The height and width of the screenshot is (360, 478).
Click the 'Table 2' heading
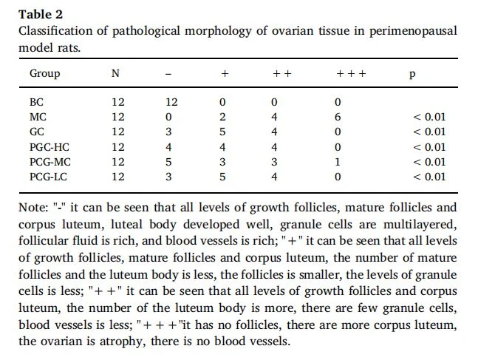(41, 14)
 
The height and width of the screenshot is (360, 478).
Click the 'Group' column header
(44, 74)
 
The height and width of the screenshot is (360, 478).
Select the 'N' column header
(115, 73)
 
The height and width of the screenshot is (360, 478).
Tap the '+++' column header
(351, 73)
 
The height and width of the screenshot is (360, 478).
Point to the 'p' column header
(412, 75)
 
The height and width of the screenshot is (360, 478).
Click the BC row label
(37, 102)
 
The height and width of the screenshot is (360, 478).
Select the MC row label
(38, 117)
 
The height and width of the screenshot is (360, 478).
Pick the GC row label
(37, 132)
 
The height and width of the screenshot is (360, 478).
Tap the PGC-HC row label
(49, 147)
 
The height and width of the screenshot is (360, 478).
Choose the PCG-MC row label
(50, 162)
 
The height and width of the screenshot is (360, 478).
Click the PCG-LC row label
(48, 177)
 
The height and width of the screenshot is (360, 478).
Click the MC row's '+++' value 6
(338, 117)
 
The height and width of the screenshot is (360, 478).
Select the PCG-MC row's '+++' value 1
(337, 162)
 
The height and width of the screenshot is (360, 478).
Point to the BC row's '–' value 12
(171, 102)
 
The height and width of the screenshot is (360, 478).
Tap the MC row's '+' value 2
(222, 117)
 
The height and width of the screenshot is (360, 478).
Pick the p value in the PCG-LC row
(429, 177)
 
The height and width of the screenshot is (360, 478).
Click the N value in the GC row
(118, 132)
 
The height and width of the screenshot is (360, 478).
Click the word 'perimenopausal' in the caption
(413, 32)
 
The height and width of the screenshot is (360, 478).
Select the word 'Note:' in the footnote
(33, 208)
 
